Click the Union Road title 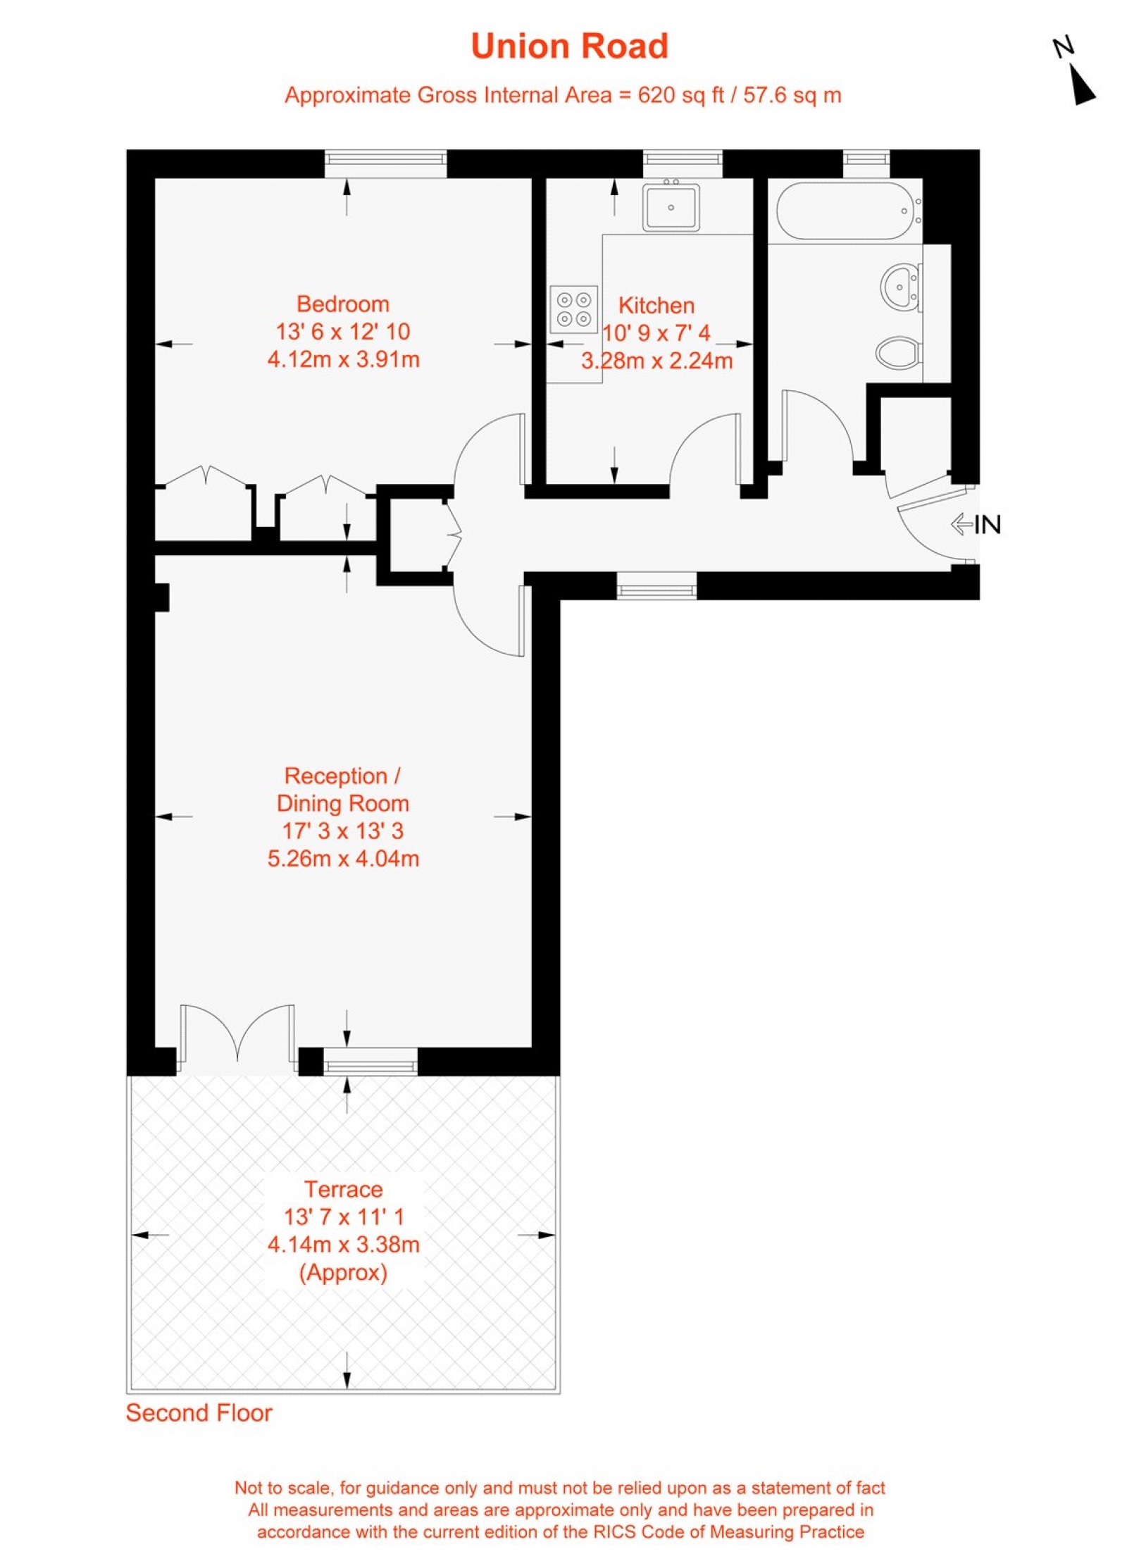(x=568, y=46)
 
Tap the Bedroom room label (x=342, y=304)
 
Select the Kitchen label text (x=656, y=305)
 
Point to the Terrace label (x=343, y=1189)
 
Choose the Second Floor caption (x=199, y=1413)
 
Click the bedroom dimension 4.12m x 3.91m (x=343, y=359)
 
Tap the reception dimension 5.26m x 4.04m (x=343, y=859)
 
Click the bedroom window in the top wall (x=385, y=163)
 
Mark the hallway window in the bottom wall (x=656, y=585)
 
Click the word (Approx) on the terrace (x=343, y=1273)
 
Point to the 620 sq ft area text (x=680, y=95)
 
